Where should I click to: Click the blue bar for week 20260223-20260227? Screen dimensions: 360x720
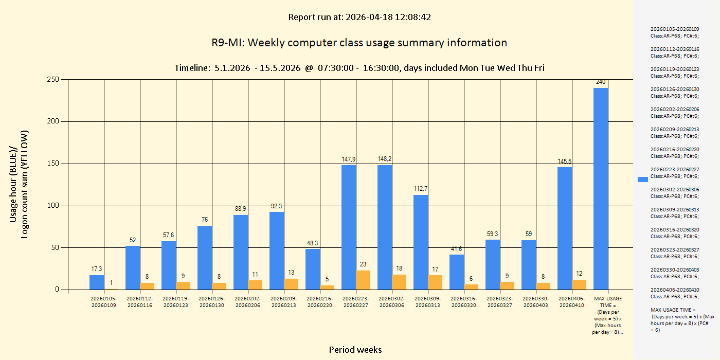pyautogui.click(x=349, y=227)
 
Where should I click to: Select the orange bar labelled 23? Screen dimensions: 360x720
pyautogui.click(x=363, y=280)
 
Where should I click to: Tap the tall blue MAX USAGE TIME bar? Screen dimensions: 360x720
pyautogui.click(x=601, y=188)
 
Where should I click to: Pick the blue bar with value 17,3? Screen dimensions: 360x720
pyautogui.click(x=97, y=282)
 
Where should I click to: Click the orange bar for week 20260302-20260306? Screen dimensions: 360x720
pyautogui.click(x=399, y=282)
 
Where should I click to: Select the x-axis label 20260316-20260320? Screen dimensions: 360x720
pyautogui.click(x=464, y=301)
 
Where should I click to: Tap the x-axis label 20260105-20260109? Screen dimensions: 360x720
pyautogui.click(x=104, y=301)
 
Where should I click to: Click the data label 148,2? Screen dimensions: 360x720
pyautogui.click(x=385, y=159)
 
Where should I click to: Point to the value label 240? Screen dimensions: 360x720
pyautogui.click(x=601, y=82)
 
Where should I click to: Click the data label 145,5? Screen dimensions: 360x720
pyautogui.click(x=565, y=161)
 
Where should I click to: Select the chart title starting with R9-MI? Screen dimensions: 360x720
pyautogui.click(x=359, y=43)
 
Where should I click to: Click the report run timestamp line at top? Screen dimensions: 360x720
pyautogui.click(x=359, y=17)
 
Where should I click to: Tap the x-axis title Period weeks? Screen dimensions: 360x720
pyautogui.click(x=355, y=350)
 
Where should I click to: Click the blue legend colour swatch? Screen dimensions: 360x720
pyautogui.click(x=642, y=179)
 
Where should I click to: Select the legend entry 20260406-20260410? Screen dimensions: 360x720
pyautogui.click(x=675, y=293)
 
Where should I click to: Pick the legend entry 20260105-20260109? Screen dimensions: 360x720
pyautogui.click(x=675, y=32)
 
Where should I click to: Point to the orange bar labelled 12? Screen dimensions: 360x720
pyautogui.click(x=579, y=284)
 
